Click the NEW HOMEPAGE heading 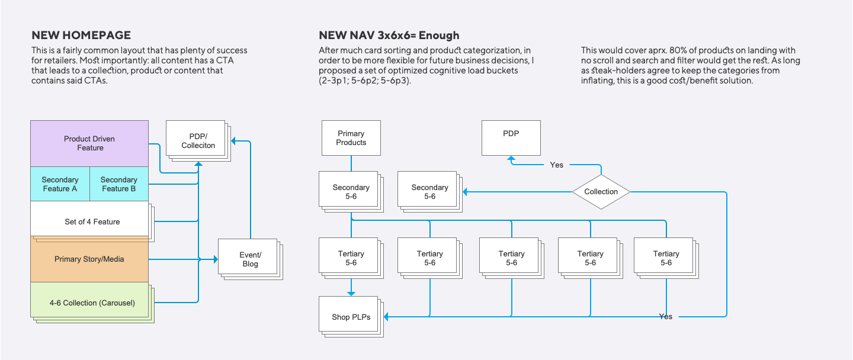point(81,36)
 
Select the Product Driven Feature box point(89,143)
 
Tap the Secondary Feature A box point(60,184)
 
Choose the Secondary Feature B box point(118,184)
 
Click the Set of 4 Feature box point(92,221)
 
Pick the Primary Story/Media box point(89,259)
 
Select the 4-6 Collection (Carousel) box point(92,303)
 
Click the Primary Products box point(351,138)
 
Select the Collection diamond point(601,192)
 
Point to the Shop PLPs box point(351,317)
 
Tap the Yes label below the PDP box point(556,165)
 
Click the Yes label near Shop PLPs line point(666,317)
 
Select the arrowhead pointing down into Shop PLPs point(351,292)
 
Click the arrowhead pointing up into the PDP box point(511,157)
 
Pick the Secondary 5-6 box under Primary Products point(351,191)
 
